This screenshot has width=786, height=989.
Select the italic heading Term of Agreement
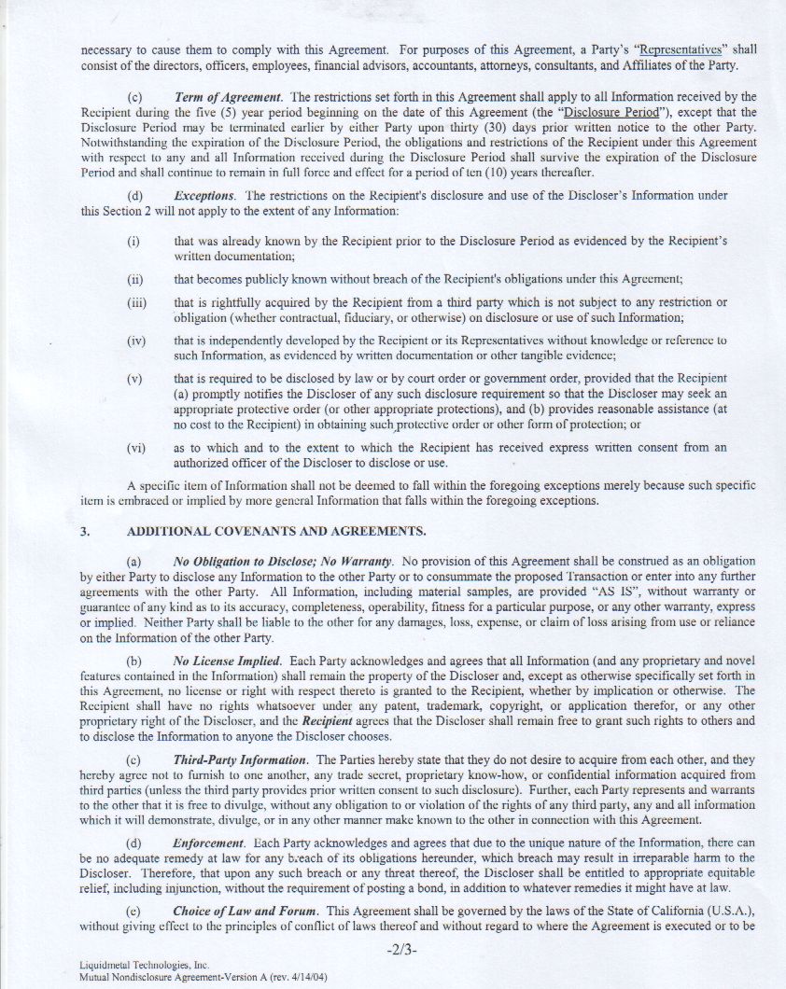pos(228,97)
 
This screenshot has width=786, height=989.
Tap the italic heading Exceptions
pos(204,195)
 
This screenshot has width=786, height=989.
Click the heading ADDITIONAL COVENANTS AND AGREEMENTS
pos(277,531)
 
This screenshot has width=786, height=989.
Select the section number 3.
pos(85,531)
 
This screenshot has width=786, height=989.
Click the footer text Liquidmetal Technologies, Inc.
pos(131,967)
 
